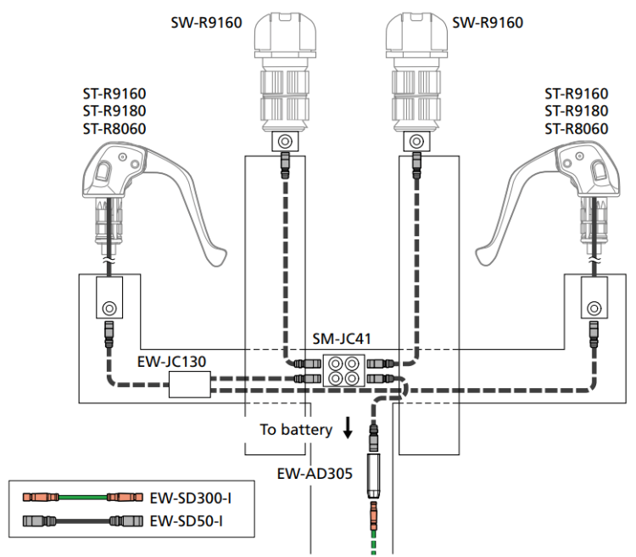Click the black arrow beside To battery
point(348,429)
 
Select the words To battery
point(296,430)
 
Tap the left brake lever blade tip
point(219,255)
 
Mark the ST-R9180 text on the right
point(577,110)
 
